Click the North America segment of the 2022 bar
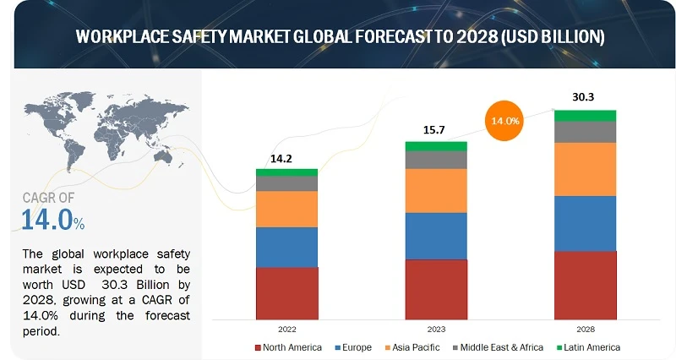pyautogui.click(x=287, y=292)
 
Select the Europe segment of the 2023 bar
pyautogui.click(x=436, y=236)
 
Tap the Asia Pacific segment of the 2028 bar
pyautogui.click(x=585, y=169)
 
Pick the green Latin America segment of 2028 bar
pyautogui.click(x=585, y=116)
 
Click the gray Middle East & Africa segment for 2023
pyautogui.click(x=436, y=160)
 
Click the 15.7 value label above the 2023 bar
pyautogui.click(x=436, y=129)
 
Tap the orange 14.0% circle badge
pyautogui.click(x=504, y=121)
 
